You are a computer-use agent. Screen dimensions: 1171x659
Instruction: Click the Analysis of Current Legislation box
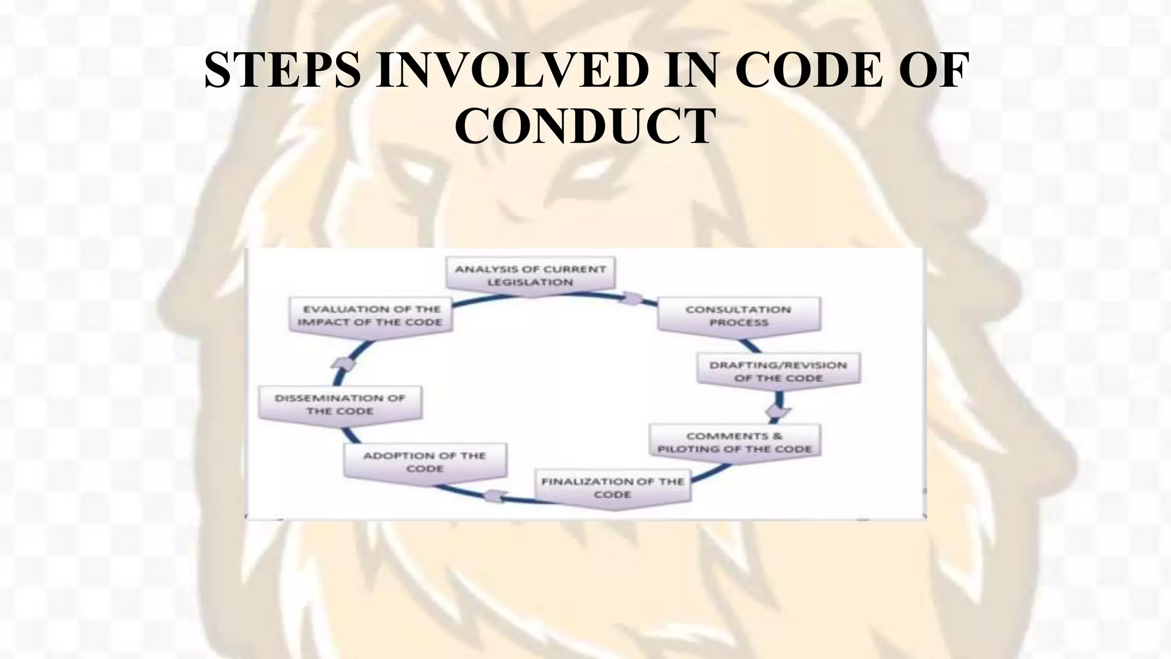[530, 276]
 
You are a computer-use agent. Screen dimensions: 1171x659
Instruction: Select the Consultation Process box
[738, 316]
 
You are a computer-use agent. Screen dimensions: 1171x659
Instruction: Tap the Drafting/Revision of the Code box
[778, 371]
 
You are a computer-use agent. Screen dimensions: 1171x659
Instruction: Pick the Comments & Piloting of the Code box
[735, 442]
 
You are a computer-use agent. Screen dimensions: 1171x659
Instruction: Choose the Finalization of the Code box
[612, 488]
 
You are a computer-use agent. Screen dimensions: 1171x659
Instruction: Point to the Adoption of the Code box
[425, 462]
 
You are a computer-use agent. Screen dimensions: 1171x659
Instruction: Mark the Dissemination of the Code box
[340, 404]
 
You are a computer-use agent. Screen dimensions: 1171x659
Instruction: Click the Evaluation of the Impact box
[370, 316]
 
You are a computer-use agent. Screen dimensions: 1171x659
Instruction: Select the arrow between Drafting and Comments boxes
[778, 411]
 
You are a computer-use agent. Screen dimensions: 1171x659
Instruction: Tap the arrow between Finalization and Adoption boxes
[495, 496]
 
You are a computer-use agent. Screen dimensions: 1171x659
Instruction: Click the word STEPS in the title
[282, 70]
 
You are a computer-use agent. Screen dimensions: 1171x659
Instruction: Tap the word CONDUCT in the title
[585, 126]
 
